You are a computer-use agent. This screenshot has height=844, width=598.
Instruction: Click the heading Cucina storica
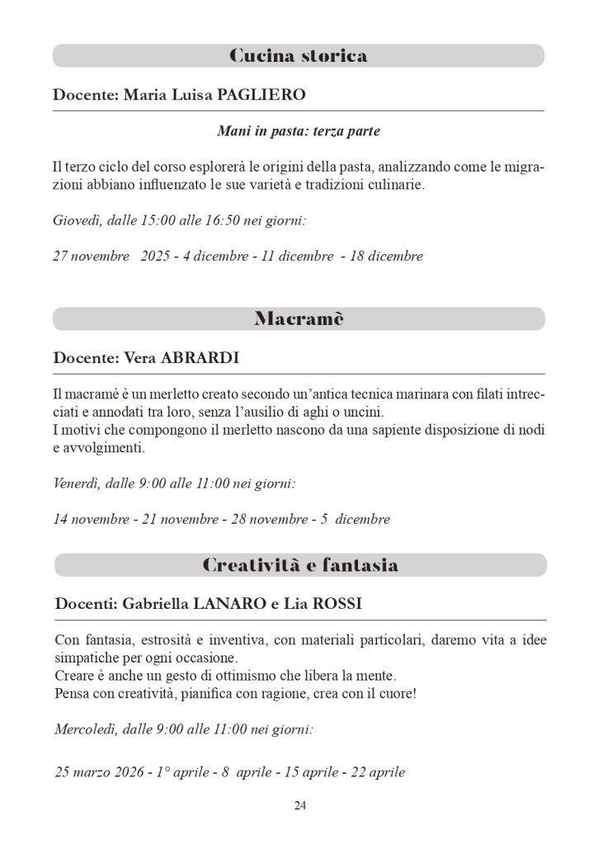pyautogui.click(x=298, y=56)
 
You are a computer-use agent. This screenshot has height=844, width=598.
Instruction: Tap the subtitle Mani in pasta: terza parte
pyautogui.click(x=299, y=131)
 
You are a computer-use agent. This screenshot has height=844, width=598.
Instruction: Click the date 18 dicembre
pyautogui.click(x=386, y=256)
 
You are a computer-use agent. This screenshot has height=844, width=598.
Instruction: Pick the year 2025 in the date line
pyautogui.click(x=155, y=256)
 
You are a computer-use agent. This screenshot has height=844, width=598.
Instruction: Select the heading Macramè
pyautogui.click(x=299, y=319)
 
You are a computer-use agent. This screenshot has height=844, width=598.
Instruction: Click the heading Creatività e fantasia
pyautogui.click(x=300, y=565)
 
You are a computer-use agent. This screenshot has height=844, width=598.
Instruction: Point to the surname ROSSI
pyautogui.click(x=333, y=605)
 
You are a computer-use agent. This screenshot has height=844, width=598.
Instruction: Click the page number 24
pyautogui.click(x=300, y=805)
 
